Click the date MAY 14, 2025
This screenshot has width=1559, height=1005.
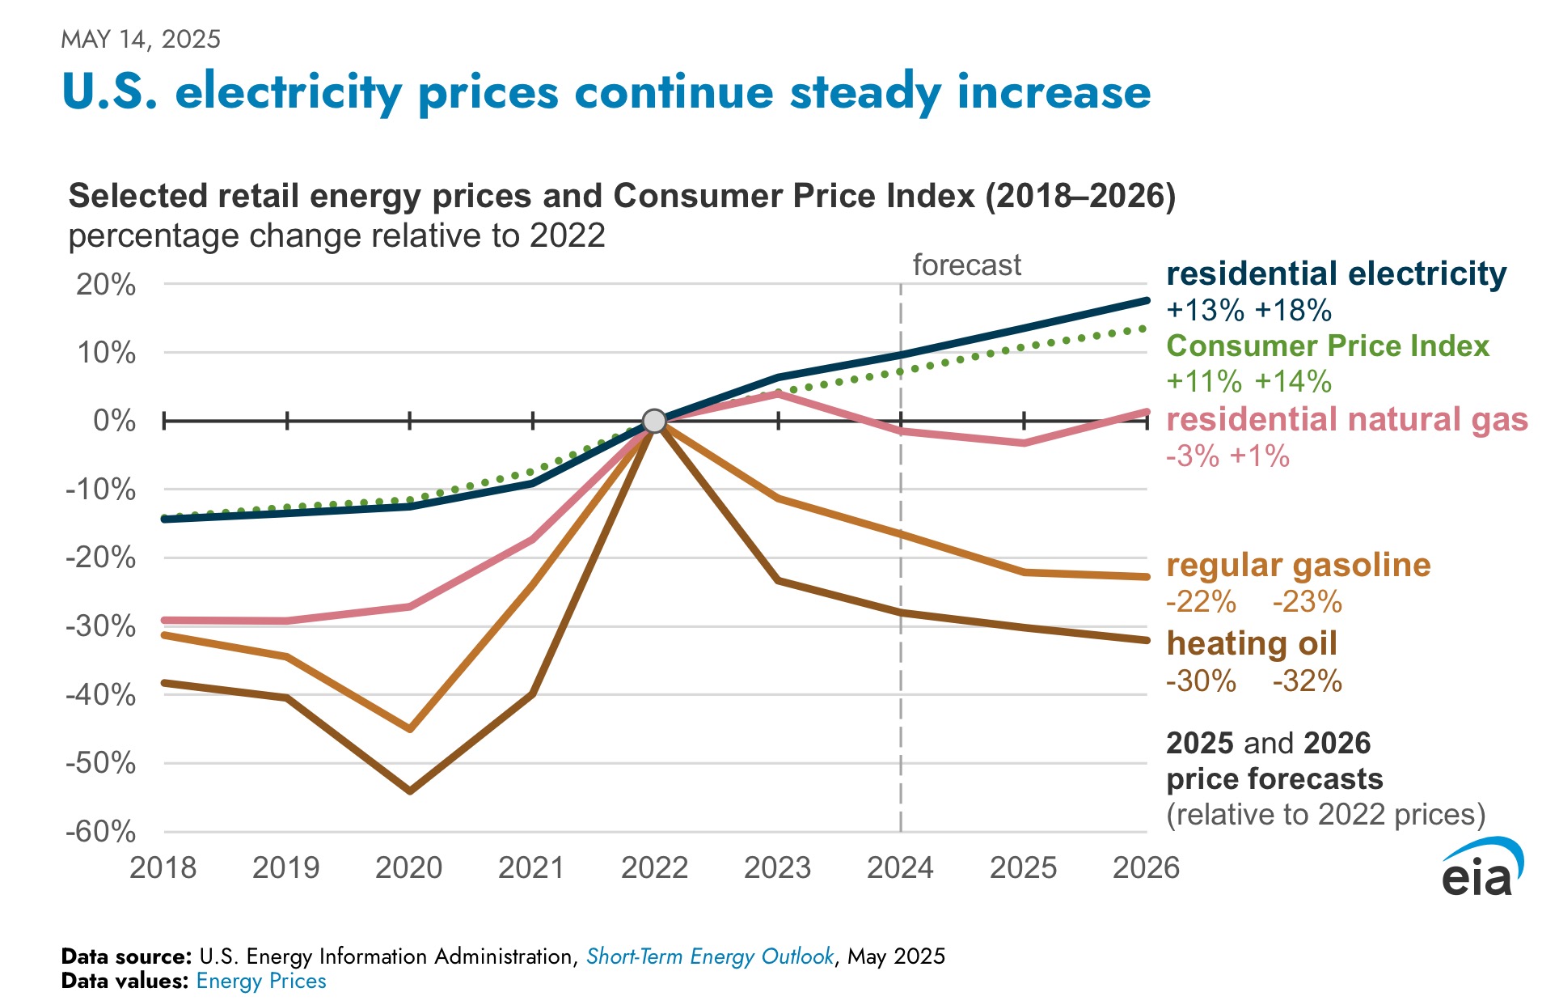141,39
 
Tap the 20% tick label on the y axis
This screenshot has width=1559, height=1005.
106,285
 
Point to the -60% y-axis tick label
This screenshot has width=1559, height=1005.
101,831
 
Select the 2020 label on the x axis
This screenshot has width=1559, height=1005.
409,867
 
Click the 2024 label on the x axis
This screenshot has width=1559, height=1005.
900,867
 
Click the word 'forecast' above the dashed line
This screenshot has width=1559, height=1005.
966,265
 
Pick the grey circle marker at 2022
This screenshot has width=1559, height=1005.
654,421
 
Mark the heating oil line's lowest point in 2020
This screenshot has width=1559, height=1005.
410,791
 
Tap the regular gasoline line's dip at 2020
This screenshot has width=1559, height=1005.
410,729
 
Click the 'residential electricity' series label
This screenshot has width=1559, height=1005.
1336,274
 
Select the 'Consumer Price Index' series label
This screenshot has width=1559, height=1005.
1327,346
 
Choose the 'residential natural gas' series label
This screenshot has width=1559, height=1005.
1346,419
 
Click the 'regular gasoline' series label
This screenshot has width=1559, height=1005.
1298,565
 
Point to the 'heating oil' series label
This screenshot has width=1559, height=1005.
1251,643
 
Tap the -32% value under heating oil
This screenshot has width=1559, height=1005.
1307,681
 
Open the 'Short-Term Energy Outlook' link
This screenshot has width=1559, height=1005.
709,956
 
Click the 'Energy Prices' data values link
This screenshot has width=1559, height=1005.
260,982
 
